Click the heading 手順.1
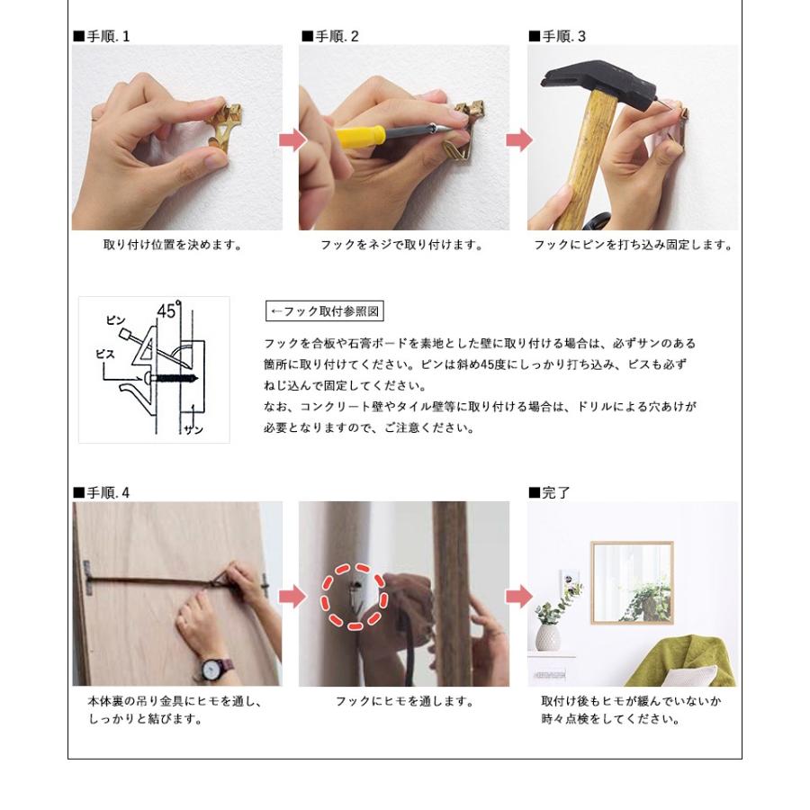tap(102, 36)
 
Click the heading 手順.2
tap(330, 36)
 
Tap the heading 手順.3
tap(557, 36)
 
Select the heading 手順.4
tap(102, 493)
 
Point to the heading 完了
tap(550, 493)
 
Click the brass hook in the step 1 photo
tap(226, 127)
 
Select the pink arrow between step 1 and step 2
tap(292, 140)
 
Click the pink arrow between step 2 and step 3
tap(519, 140)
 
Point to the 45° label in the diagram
tap(169, 310)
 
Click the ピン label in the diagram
tap(116, 320)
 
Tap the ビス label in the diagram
tap(105, 354)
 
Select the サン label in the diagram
tap(193, 430)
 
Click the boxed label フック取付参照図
tap(325, 311)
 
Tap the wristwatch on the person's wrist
tap(212, 670)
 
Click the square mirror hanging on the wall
tap(633, 583)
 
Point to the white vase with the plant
tap(547, 638)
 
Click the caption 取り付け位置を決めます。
tap(173, 245)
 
